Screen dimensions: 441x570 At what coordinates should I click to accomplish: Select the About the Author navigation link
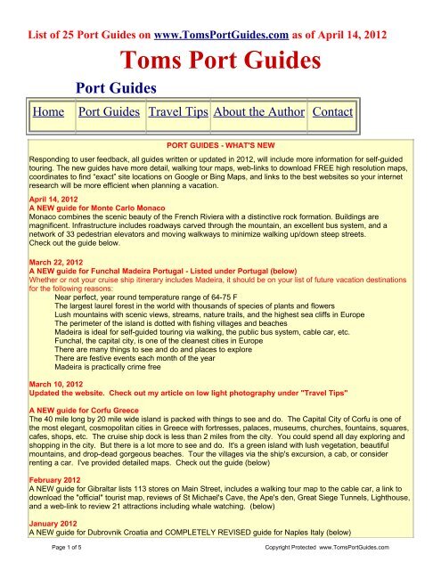(258, 113)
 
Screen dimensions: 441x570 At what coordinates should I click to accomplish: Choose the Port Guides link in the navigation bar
(109, 113)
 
